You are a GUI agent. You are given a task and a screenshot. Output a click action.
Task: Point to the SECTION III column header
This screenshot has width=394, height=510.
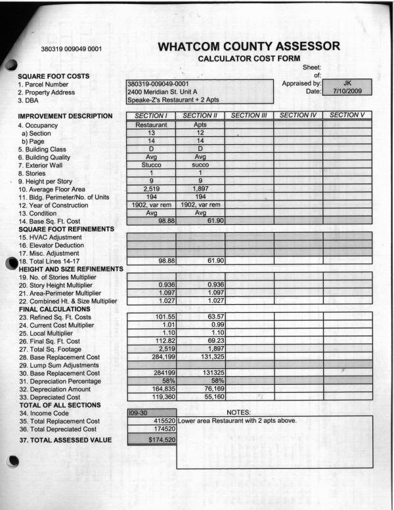[249, 116]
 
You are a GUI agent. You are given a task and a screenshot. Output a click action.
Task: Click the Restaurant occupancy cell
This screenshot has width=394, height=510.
[151, 125]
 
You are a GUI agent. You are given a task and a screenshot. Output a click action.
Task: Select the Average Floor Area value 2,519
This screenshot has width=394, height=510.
[152, 189]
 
